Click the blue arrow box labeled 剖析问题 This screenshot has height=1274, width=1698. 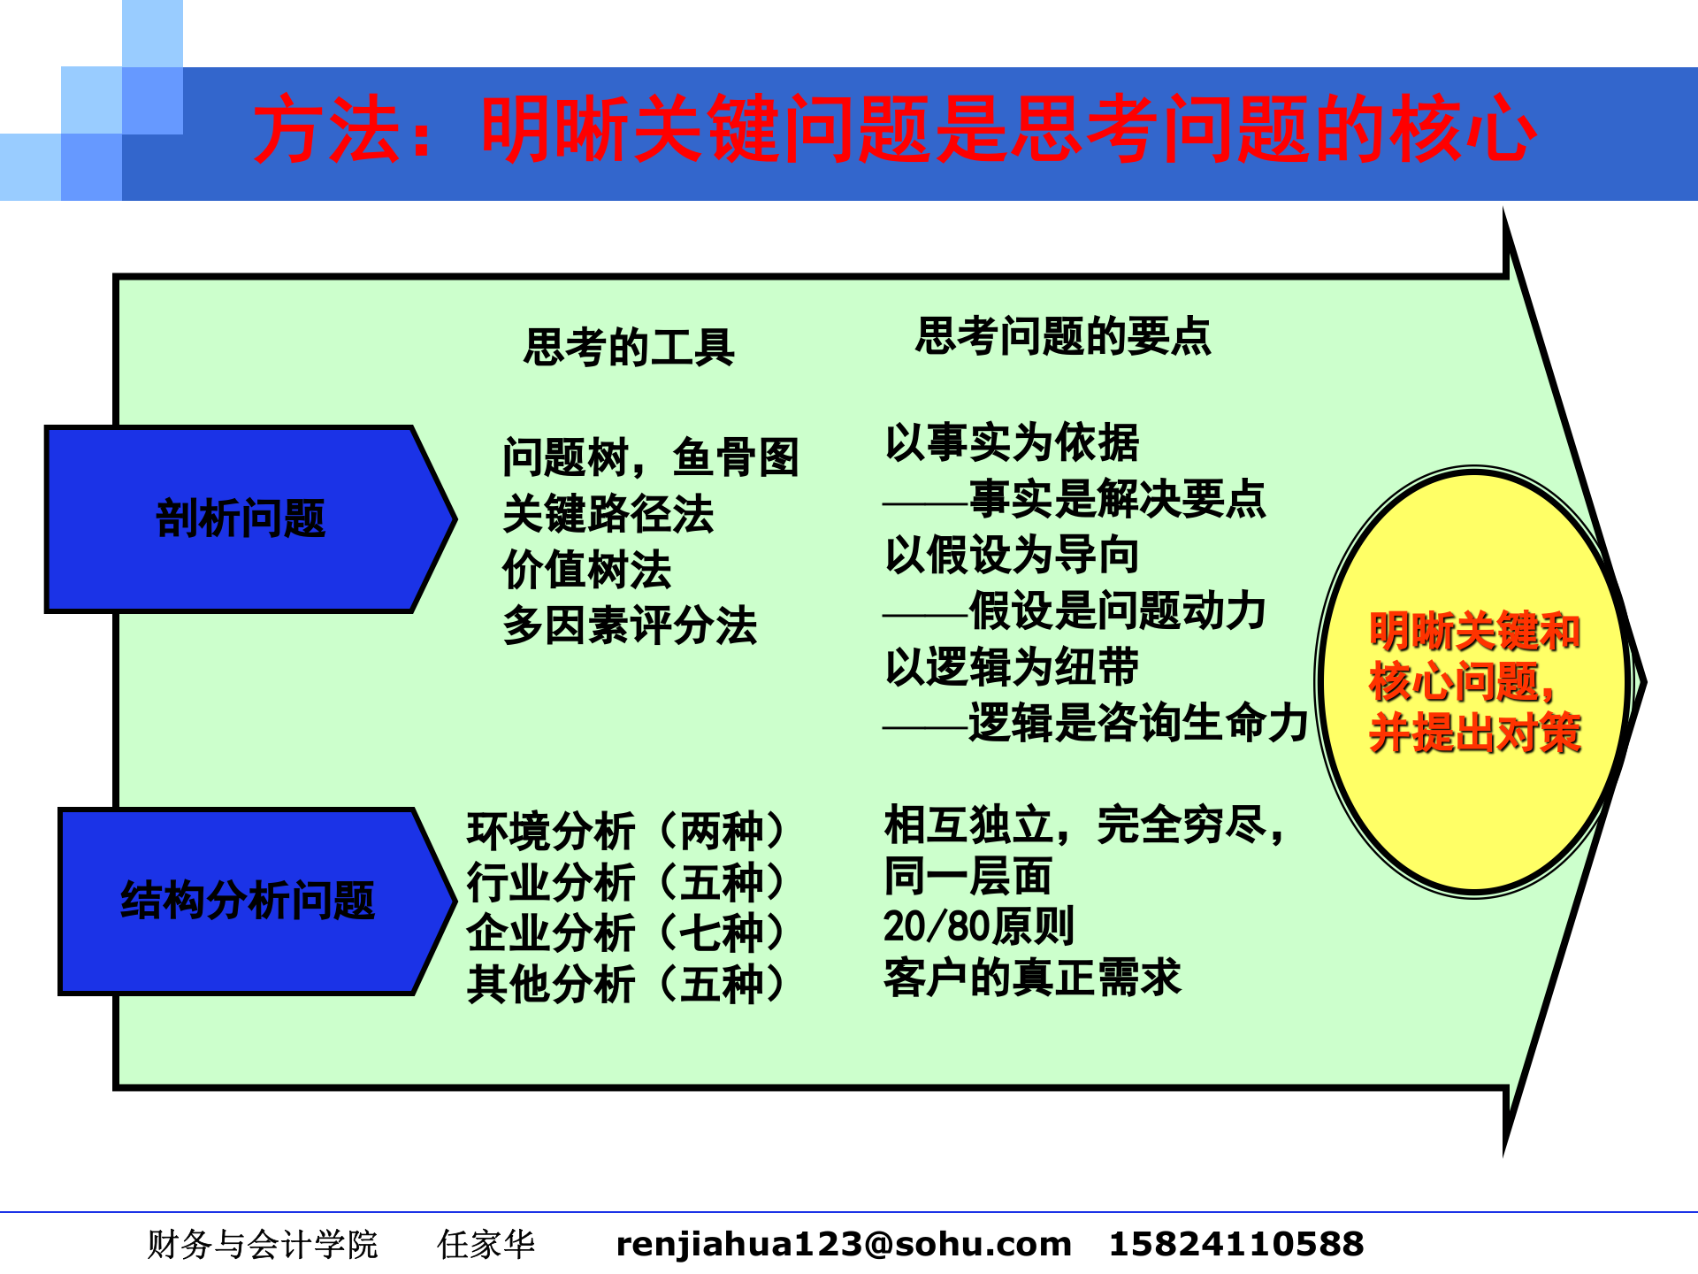[241, 518]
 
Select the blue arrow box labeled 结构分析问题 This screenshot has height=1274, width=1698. [248, 901]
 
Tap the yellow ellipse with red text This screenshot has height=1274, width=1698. [1474, 681]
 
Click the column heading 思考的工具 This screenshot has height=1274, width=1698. [629, 346]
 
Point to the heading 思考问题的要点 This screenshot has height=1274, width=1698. [1062, 336]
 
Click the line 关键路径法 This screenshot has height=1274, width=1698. [608, 514]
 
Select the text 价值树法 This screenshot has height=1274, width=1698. [586, 570]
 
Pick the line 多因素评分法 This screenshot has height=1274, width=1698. [629, 625]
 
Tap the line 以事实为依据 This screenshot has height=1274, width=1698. [1012, 442]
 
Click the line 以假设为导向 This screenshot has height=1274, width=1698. [1012, 555]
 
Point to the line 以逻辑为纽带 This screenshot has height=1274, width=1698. [1012, 666]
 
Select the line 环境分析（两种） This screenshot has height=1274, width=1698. [625, 831]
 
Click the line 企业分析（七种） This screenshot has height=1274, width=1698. [625, 932]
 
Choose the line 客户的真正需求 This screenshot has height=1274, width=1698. [1032, 978]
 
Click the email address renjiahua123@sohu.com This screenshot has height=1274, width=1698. [843, 1244]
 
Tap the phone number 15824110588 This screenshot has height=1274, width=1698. [1235, 1244]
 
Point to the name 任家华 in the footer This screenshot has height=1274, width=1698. [486, 1244]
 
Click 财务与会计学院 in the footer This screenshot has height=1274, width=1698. [262, 1244]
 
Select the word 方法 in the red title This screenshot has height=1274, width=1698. [327, 130]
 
